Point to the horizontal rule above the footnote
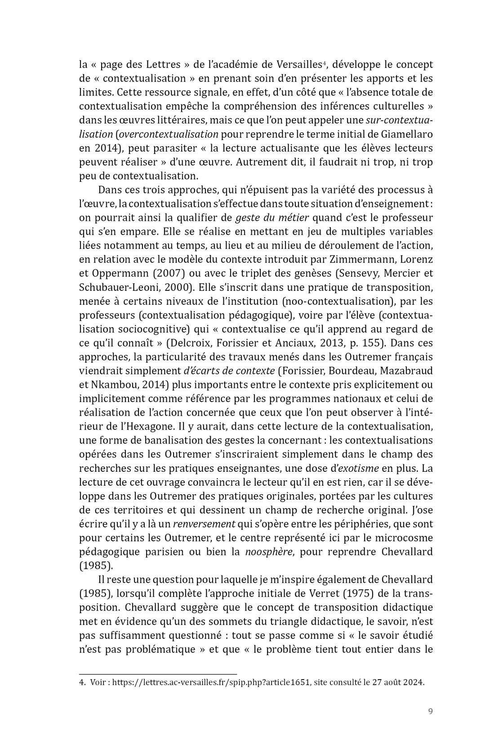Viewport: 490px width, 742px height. [x=158, y=673]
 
